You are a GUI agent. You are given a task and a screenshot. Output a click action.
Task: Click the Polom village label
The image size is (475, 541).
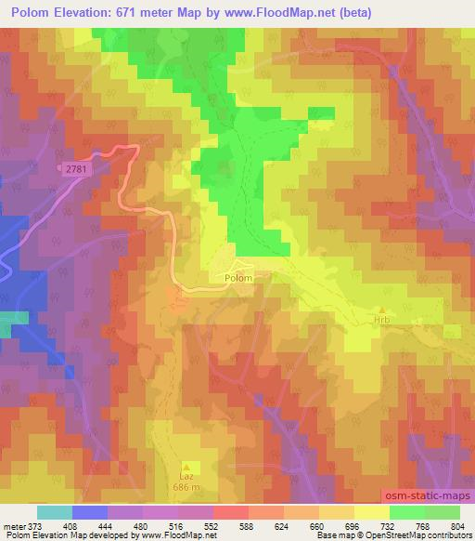pos(237,277)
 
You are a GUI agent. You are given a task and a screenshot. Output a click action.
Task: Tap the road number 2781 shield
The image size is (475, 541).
pos(79,168)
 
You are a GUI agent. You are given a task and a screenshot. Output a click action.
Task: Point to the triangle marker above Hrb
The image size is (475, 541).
pos(381,310)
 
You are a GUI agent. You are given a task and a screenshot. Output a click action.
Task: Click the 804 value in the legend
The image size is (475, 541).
pos(460,525)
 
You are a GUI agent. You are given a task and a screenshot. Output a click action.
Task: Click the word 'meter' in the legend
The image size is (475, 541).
pos(14,525)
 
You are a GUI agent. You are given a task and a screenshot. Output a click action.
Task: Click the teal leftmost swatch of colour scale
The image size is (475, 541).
pos(55,512)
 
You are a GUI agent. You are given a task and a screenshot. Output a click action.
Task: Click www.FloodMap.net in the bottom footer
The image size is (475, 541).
pos(176,535)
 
